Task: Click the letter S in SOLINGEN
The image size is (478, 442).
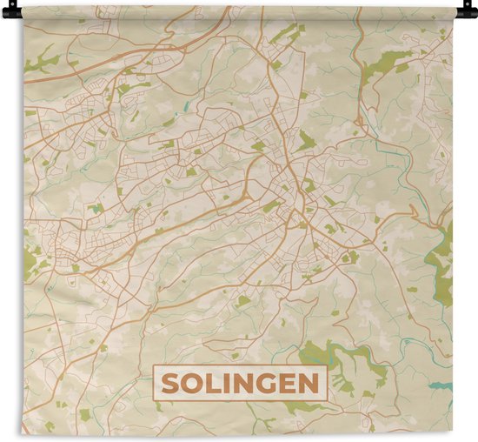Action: (x=170, y=383)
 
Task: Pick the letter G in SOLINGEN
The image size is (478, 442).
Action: (x=263, y=383)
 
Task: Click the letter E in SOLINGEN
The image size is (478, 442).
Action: (x=285, y=383)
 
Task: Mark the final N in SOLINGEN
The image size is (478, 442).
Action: (x=307, y=383)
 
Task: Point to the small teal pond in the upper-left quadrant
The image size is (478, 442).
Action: (x=184, y=108)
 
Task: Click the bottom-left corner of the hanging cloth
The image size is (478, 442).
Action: (x=24, y=432)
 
